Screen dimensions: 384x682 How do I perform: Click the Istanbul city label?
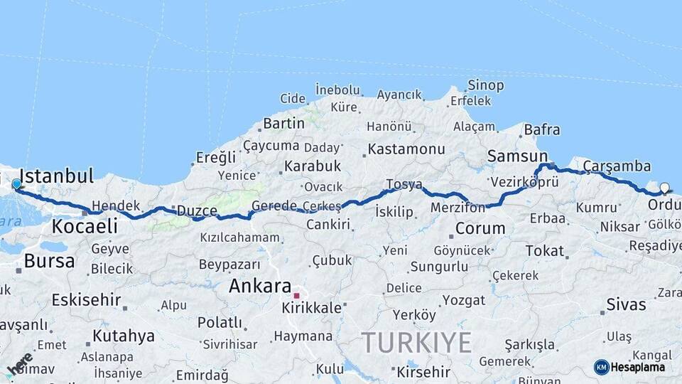click(x=57, y=176)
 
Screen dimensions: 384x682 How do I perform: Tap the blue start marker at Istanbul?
click(x=16, y=184)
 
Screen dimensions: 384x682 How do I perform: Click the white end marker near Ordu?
click(x=664, y=188)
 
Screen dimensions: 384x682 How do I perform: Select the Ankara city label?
click(x=259, y=287)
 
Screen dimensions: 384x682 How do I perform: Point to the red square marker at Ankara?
click(x=297, y=294)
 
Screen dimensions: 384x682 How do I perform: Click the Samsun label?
click(x=517, y=156)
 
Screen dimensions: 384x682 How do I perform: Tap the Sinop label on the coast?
click(x=486, y=85)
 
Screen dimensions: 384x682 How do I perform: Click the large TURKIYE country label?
click(x=416, y=343)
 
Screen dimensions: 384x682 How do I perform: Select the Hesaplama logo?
click(x=629, y=367)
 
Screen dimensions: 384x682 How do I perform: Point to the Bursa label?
click(x=49, y=261)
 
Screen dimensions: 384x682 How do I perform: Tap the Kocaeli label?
click(x=85, y=227)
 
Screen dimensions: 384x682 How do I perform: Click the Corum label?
click(x=480, y=229)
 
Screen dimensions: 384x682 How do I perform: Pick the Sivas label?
click(x=626, y=305)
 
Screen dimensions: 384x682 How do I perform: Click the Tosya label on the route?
click(x=404, y=185)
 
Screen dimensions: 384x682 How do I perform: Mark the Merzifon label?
click(x=458, y=208)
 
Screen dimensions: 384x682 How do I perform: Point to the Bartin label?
click(x=283, y=124)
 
